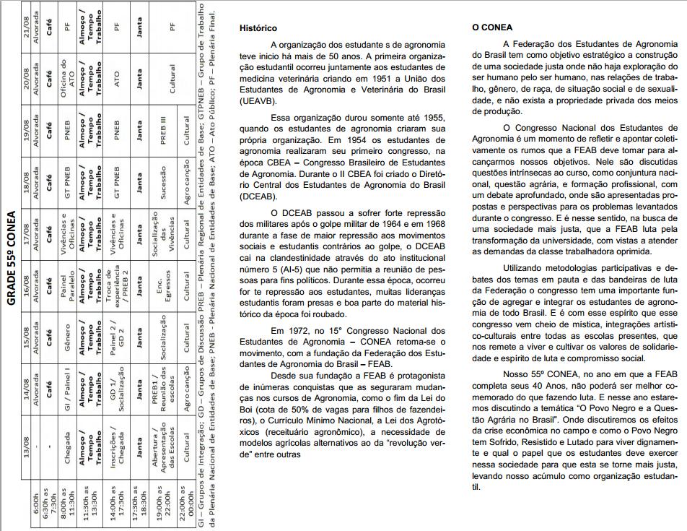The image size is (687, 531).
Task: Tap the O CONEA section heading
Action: click(x=492, y=27)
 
